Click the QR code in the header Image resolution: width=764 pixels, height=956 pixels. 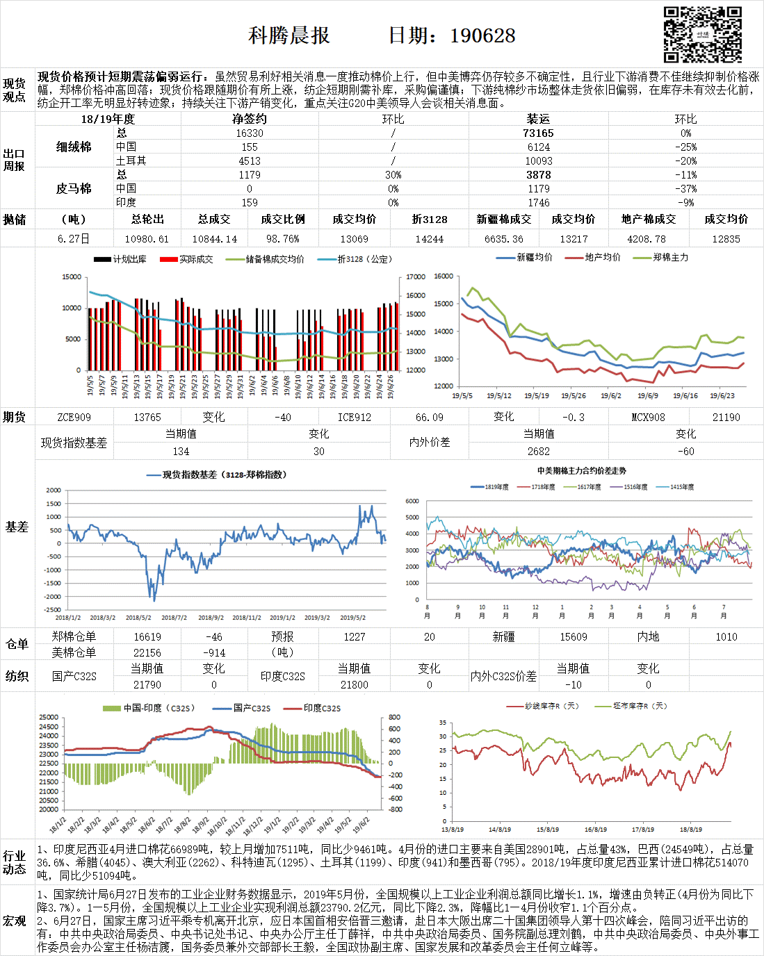702,35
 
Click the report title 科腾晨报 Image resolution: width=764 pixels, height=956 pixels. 289,35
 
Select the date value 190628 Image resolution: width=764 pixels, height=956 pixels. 482,35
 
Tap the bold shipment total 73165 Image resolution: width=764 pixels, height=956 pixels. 538,133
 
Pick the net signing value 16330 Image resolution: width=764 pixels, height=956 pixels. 250,133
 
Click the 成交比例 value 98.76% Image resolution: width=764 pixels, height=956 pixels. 282,238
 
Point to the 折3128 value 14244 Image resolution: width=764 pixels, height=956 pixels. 429,238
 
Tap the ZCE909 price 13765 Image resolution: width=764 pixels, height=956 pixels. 147,417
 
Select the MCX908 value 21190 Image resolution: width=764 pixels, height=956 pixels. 726,417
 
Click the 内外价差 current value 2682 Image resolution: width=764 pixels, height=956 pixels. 538,451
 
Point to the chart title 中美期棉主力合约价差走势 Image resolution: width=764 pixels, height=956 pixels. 581,470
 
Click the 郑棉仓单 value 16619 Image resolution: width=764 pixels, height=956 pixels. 147,636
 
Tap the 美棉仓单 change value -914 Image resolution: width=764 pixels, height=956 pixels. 213,652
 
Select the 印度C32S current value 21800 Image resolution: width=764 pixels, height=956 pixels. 354,684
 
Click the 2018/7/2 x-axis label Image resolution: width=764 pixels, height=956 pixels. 174,617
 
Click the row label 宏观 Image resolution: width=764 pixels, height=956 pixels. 14,921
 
